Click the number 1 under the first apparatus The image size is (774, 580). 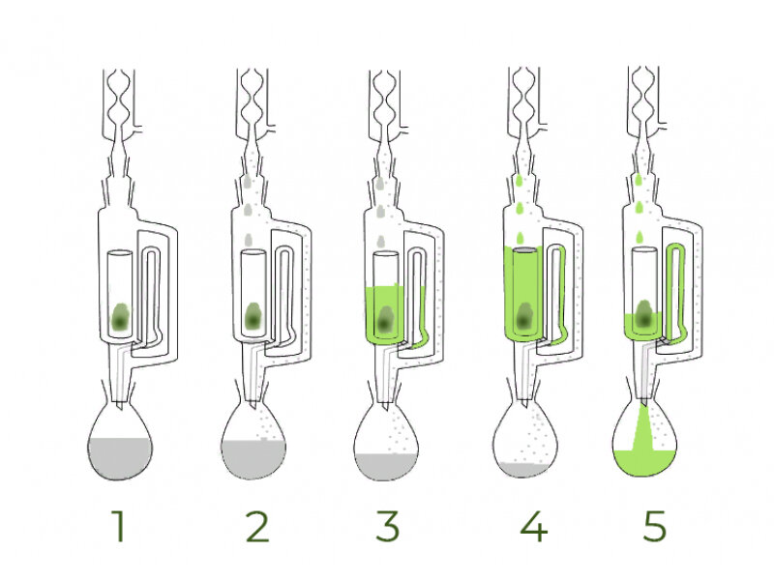(x=119, y=526)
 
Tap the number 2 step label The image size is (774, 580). (x=257, y=526)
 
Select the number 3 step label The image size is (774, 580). (x=388, y=526)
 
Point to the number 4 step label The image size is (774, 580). (x=534, y=526)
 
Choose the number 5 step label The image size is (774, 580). (x=655, y=526)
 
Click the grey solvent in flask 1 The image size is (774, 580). (x=120, y=457)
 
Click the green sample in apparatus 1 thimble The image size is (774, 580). (x=120, y=317)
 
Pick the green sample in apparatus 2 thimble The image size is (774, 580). (x=253, y=316)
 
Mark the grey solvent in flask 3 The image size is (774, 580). (x=386, y=466)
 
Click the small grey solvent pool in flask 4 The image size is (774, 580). (x=523, y=469)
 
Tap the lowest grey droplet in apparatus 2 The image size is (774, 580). (x=249, y=240)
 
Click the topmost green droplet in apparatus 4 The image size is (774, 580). (x=519, y=180)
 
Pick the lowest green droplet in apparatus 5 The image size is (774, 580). (x=640, y=237)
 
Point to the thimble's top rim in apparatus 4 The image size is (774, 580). (x=524, y=250)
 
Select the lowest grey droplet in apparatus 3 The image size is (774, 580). (x=380, y=242)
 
